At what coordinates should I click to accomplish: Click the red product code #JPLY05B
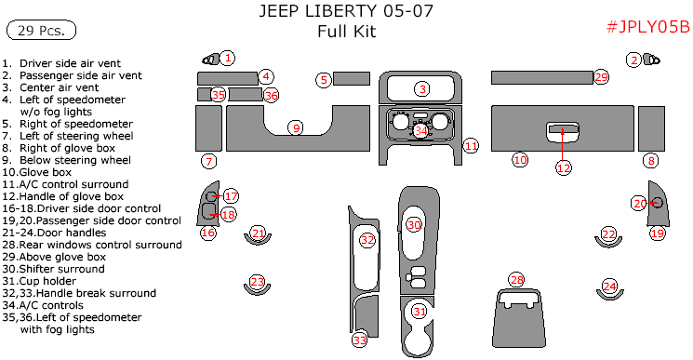pyautogui.click(x=647, y=27)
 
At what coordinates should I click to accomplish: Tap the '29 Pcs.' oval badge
pyautogui.click(x=41, y=31)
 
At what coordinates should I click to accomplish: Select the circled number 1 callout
pyautogui.click(x=227, y=58)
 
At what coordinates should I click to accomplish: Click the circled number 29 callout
pyautogui.click(x=601, y=77)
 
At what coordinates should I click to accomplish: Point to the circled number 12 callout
pyautogui.click(x=564, y=167)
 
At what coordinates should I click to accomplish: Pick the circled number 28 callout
pyautogui.click(x=516, y=280)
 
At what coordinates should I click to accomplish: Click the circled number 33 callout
pyautogui.click(x=360, y=340)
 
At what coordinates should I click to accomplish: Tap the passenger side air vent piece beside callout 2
pyautogui.click(x=651, y=60)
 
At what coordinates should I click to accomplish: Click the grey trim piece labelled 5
pyautogui.click(x=352, y=78)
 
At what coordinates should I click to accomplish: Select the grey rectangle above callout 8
pyautogui.click(x=651, y=128)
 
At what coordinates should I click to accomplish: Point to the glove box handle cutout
pyautogui.click(x=562, y=132)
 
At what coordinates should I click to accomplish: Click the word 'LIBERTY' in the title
pyautogui.click(x=334, y=11)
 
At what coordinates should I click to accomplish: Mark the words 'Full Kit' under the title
pyautogui.click(x=346, y=32)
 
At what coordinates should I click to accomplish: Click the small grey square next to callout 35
pyautogui.click(x=205, y=95)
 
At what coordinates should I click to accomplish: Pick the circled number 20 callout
pyautogui.click(x=640, y=203)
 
